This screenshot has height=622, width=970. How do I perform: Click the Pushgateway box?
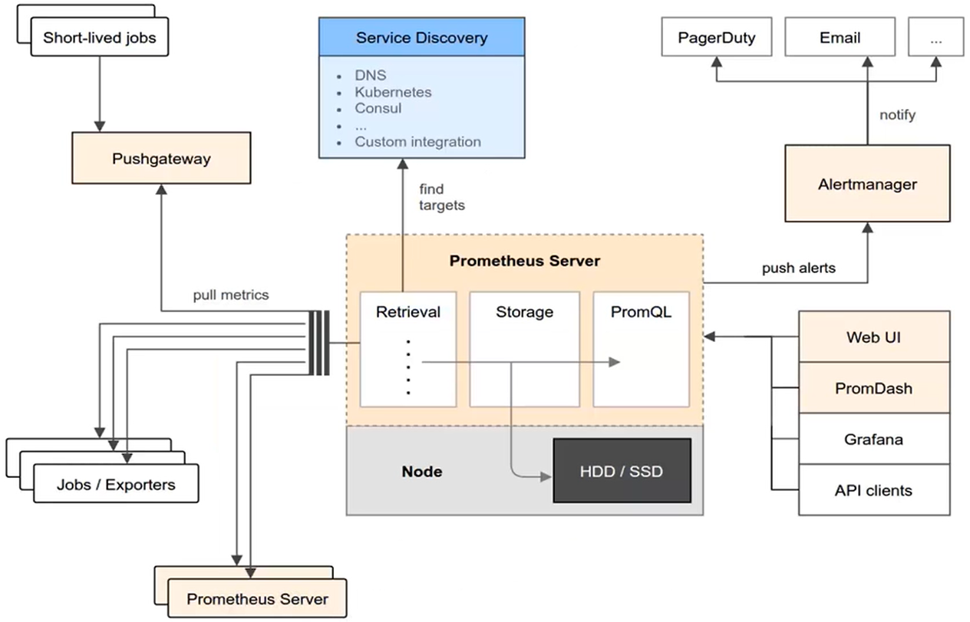(x=161, y=159)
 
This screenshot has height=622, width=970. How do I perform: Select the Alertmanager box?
(x=867, y=184)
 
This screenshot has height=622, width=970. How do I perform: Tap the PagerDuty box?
(x=716, y=38)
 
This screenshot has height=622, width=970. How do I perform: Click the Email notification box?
(x=840, y=38)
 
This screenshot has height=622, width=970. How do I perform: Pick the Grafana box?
(x=873, y=439)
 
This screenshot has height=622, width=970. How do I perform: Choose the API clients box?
(x=873, y=490)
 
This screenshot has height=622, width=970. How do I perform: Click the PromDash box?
(x=873, y=388)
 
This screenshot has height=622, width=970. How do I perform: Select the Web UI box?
(x=873, y=337)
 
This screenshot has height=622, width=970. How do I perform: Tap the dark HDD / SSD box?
(x=622, y=471)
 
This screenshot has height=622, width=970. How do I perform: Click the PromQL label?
(x=641, y=312)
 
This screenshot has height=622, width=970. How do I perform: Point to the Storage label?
(x=524, y=312)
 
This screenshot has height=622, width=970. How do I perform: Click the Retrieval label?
(x=408, y=312)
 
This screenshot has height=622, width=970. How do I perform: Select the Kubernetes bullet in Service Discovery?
(x=393, y=92)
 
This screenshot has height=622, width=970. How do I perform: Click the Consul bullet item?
(x=378, y=108)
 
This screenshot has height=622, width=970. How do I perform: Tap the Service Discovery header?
(x=421, y=38)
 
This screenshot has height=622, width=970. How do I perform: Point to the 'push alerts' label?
(x=798, y=268)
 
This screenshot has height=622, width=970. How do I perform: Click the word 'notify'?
(x=897, y=115)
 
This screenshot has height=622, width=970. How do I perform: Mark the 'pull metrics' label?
(x=231, y=295)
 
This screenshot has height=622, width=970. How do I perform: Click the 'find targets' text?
(x=442, y=197)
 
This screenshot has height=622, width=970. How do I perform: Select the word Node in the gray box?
(x=422, y=471)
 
